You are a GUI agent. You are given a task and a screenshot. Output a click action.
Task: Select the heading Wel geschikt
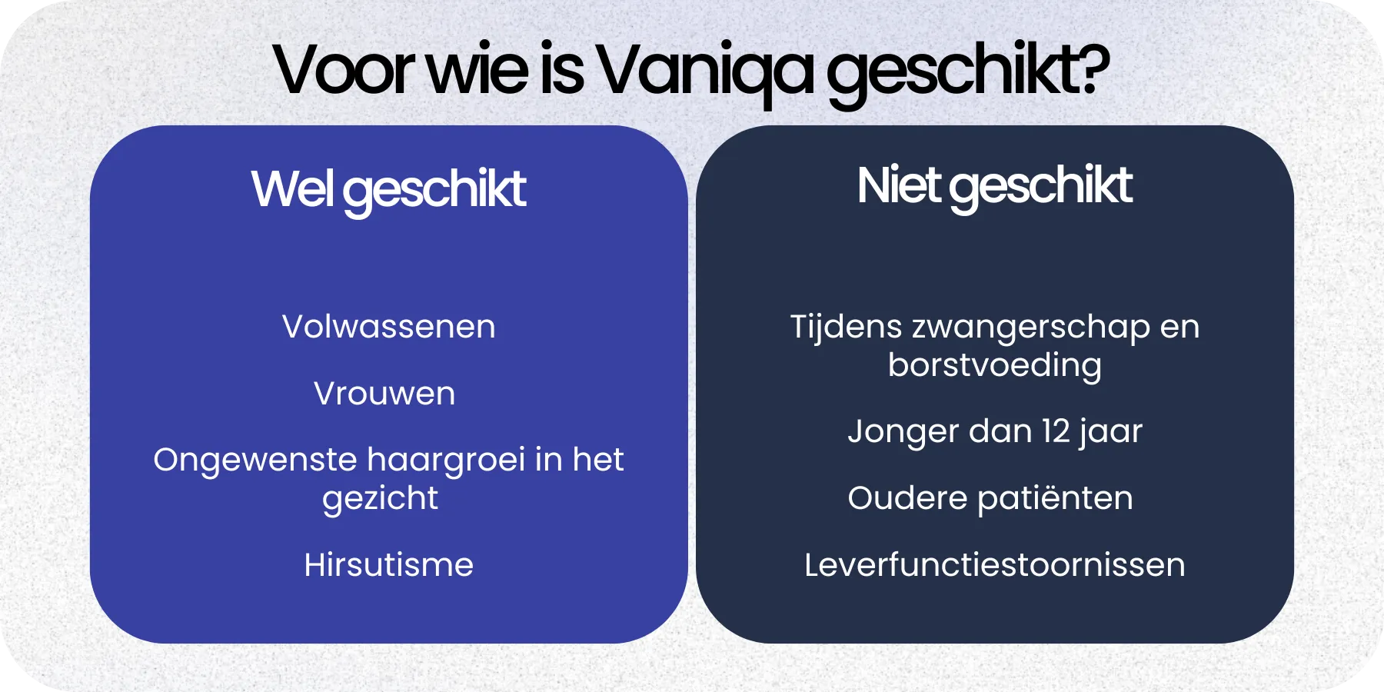coord(388,189)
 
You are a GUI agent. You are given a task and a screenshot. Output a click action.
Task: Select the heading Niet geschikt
coord(994,186)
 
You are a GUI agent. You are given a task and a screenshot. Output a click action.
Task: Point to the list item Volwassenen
coord(388,327)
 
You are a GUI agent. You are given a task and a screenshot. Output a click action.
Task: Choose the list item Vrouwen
coord(384,394)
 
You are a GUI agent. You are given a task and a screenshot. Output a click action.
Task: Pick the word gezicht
coord(380,499)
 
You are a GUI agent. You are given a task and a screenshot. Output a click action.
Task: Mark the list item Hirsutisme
coord(388,565)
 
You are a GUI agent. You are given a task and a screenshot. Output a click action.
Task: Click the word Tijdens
coord(846,327)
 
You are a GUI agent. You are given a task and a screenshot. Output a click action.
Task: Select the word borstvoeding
coord(994,365)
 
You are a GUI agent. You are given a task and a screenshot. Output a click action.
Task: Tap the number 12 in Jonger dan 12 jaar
coord(1056,431)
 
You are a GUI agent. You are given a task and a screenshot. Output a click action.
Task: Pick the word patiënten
coord(1055,499)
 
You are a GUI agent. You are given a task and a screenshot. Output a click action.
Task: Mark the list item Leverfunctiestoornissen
coord(994,565)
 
